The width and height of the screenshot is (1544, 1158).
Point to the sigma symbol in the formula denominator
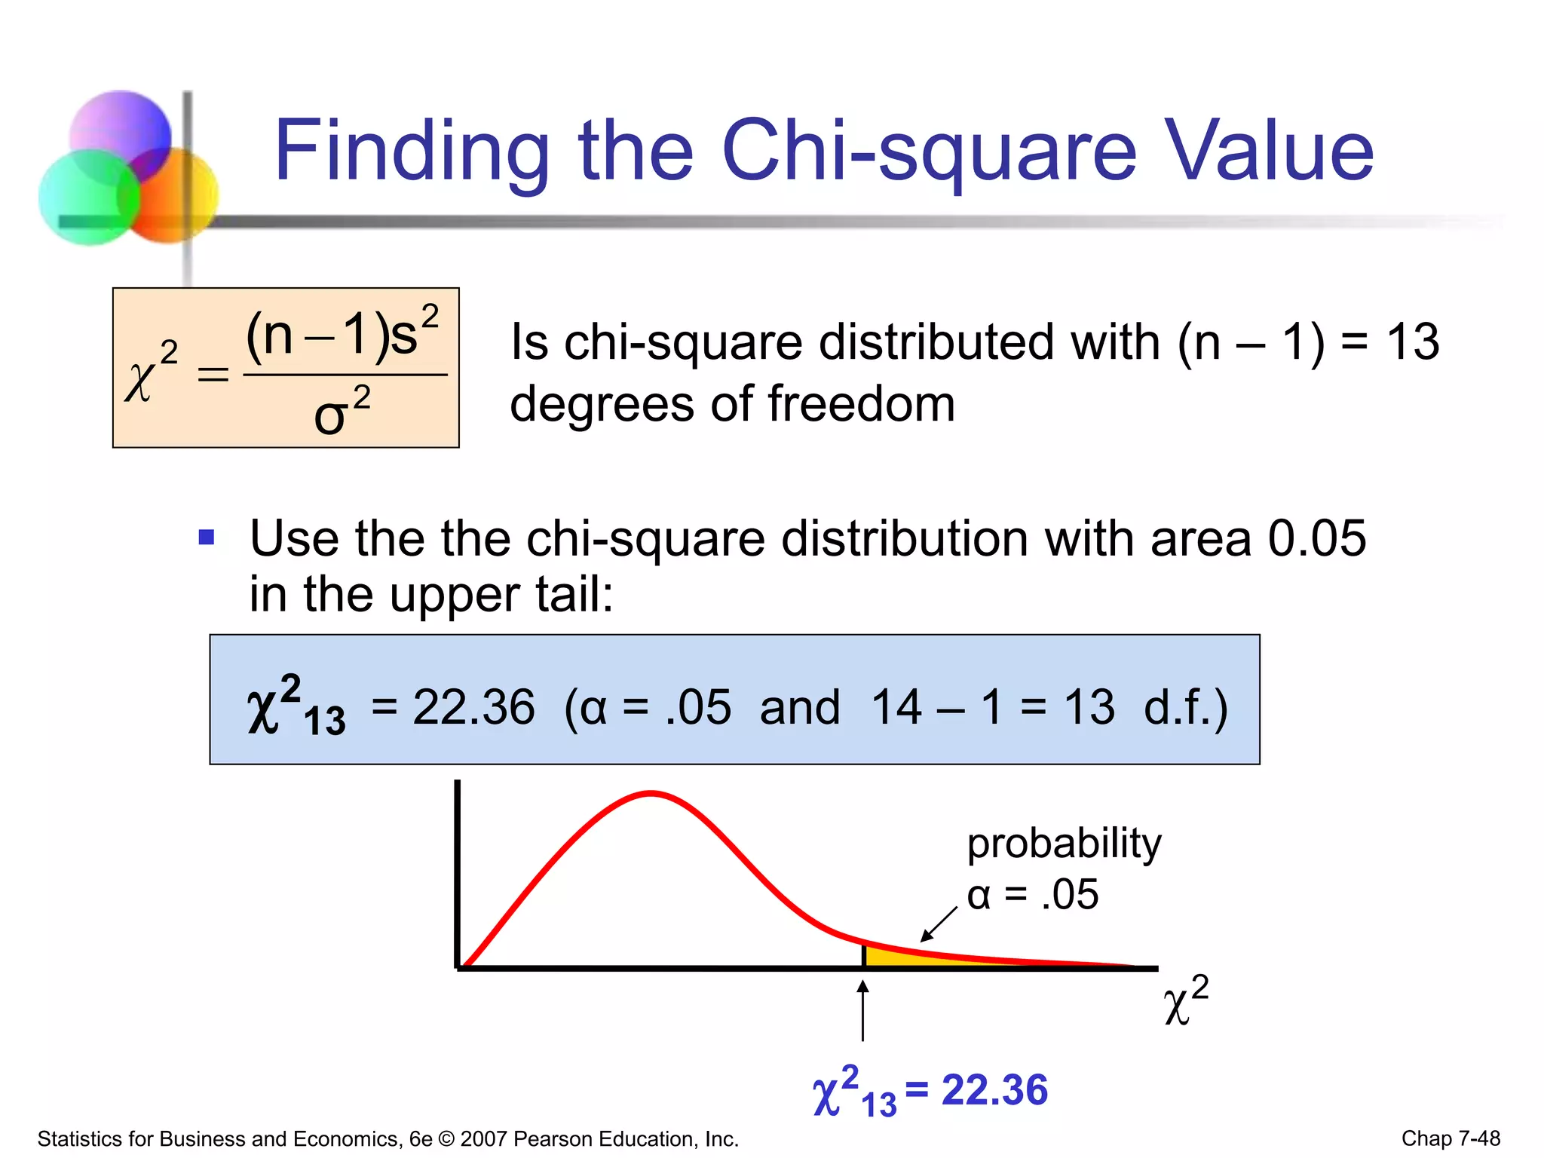[x=330, y=416]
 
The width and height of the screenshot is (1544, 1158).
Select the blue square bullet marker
[x=207, y=538]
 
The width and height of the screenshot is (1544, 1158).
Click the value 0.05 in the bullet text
[x=1316, y=538]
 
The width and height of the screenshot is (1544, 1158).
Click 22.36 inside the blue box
[x=473, y=707]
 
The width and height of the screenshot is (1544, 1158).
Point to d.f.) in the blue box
[x=1185, y=707]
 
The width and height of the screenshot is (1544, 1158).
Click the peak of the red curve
[x=651, y=793]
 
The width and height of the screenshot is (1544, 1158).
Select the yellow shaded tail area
[x=905, y=957]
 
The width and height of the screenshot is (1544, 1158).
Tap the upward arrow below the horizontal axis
[x=863, y=1010]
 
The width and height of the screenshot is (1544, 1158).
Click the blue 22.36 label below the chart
[x=994, y=1090]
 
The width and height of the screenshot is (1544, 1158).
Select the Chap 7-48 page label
[x=1451, y=1138]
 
